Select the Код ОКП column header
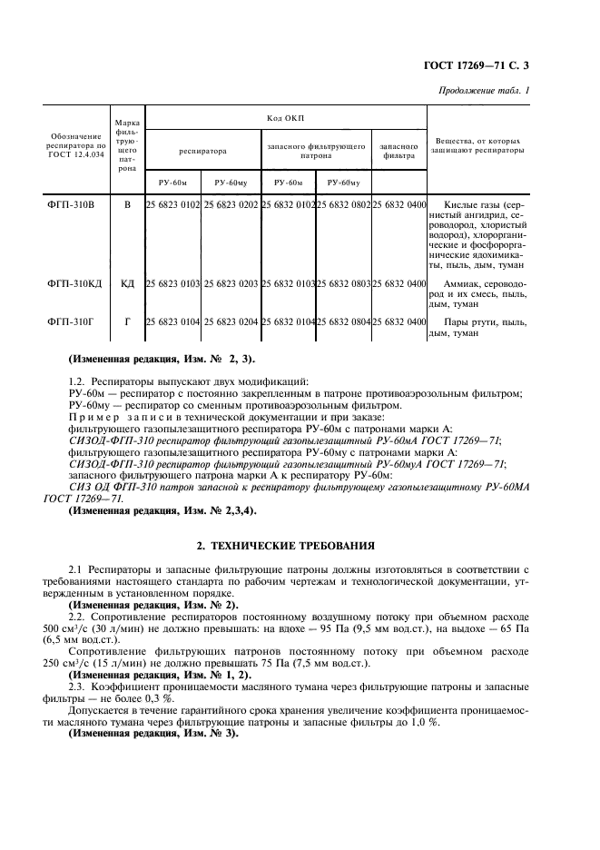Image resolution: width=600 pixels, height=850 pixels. [285, 118]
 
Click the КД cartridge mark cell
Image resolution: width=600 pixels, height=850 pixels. [127, 284]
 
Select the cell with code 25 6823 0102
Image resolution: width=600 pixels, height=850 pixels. [172, 205]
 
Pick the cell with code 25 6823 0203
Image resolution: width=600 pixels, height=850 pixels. [231, 284]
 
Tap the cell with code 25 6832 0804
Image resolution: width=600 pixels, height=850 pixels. [343, 321]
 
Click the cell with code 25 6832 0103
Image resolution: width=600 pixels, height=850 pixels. [288, 284]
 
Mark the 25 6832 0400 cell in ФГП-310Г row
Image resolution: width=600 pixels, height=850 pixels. [398, 321]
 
